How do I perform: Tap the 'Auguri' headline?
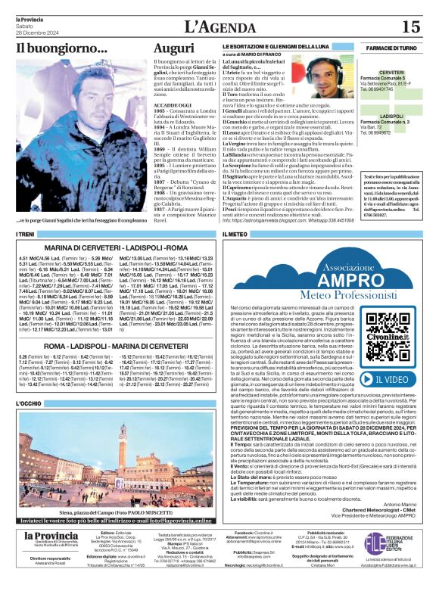point(173,49)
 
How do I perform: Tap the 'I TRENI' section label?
point(26,235)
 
